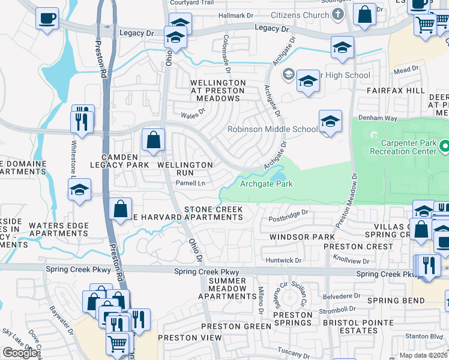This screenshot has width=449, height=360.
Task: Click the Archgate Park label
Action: [267, 184]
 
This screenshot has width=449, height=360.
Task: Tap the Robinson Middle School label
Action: [273, 129]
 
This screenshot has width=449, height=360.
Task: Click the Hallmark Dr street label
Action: [237, 16]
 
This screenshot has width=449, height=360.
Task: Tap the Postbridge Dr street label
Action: [288, 212]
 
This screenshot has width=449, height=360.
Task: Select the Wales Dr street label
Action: [193, 111]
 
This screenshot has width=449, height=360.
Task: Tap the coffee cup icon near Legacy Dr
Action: [46, 18]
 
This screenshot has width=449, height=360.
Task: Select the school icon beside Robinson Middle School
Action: [330, 122]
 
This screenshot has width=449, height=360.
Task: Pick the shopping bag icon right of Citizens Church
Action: [364, 14]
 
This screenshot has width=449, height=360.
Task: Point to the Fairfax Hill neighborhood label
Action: [391, 91]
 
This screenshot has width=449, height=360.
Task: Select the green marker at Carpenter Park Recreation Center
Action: [445, 146]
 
